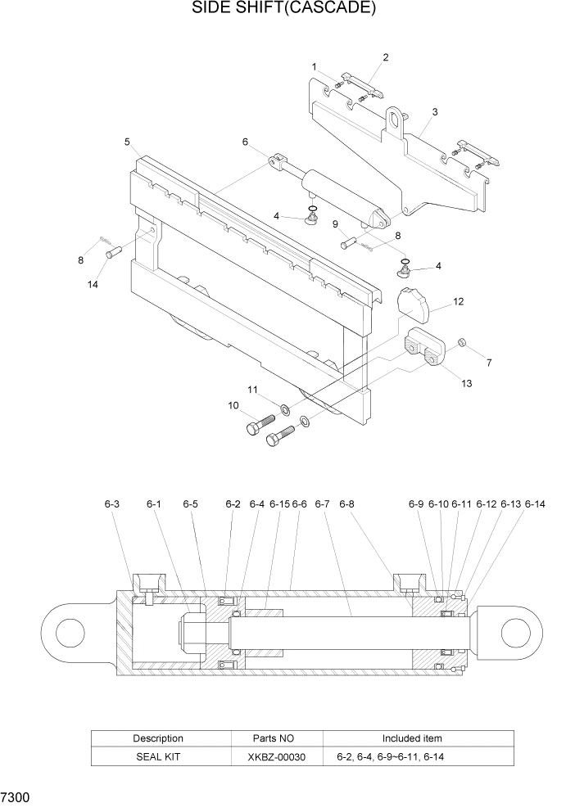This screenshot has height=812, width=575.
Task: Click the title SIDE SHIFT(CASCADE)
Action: (284, 9)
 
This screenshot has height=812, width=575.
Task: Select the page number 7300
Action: (17, 796)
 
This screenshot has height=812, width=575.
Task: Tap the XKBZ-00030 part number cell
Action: (277, 757)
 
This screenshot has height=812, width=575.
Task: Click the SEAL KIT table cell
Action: (157, 757)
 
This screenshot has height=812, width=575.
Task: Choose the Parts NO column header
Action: (277, 738)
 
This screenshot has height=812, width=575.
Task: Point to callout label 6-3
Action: (112, 504)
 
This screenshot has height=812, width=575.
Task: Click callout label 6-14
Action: (535, 504)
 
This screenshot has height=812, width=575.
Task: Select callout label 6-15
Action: (279, 504)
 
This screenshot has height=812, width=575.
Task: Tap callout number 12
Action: (458, 301)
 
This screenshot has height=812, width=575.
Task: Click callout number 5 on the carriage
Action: (128, 142)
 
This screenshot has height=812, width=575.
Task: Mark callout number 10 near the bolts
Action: (233, 405)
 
